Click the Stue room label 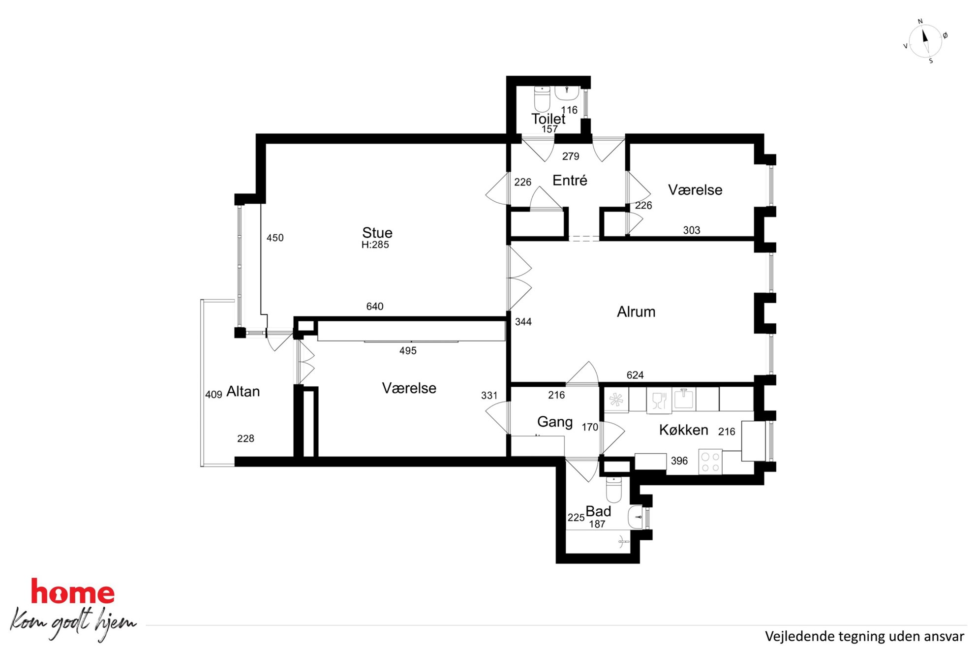pyautogui.click(x=377, y=233)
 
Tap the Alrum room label pyautogui.click(x=636, y=311)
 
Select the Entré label pyautogui.click(x=570, y=180)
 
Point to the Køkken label pyautogui.click(x=683, y=430)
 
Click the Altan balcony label pyautogui.click(x=243, y=392)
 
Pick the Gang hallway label pyautogui.click(x=555, y=422)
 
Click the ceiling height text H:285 pyautogui.click(x=375, y=245)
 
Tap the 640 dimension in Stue pyautogui.click(x=375, y=307)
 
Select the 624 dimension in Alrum pyautogui.click(x=635, y=375)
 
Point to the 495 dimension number pyautogui.click(x=408, y=351)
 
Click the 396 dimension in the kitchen pyautogui.click(x=679, y=461)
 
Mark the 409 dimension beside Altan pyautogui.click(x=213, y=395)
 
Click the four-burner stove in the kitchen pyautogui.click(x=710, y=462)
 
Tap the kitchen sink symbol pyautogui.click(x=684, y=399)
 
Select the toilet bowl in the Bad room pyautogui.click(x=614, y=489)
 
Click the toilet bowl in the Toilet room pyautogui.click(x=542, y=99)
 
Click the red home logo pyautogui.click(x=73, y=591)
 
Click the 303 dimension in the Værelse pyautogui.click(x=692, y=230)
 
